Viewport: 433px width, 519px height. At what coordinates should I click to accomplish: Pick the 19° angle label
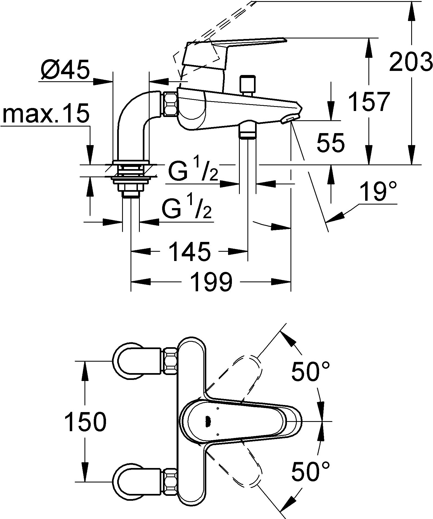click(x=378, y=192)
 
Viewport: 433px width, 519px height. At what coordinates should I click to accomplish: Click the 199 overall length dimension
click(x=211, y=282)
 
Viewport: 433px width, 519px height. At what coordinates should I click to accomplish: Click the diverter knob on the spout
click(x=248, y=85)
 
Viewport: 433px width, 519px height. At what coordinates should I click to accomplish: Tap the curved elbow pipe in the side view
click(x=134, y=125)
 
